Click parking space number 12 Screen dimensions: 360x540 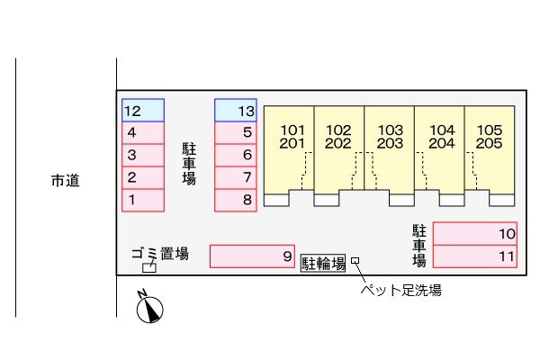click(143, 111)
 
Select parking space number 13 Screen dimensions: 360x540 click(237, 111)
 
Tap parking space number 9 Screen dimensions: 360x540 click(252, 256)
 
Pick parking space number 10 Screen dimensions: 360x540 click(475, 234)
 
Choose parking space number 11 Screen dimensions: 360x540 click(475, 256)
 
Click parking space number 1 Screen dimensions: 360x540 click(143, 200)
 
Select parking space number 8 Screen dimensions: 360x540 click(237, 200)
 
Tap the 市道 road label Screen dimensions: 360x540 click(65, 181)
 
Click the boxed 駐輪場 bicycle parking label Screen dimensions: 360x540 click(323, 263)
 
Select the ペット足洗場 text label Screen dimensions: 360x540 click(400, 291)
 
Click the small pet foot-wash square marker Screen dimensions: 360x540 click(355, 262)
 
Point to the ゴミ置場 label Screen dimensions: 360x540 click(160, 254)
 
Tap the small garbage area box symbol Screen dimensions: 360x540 click(149, 267)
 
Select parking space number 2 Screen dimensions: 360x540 click(143, 177)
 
